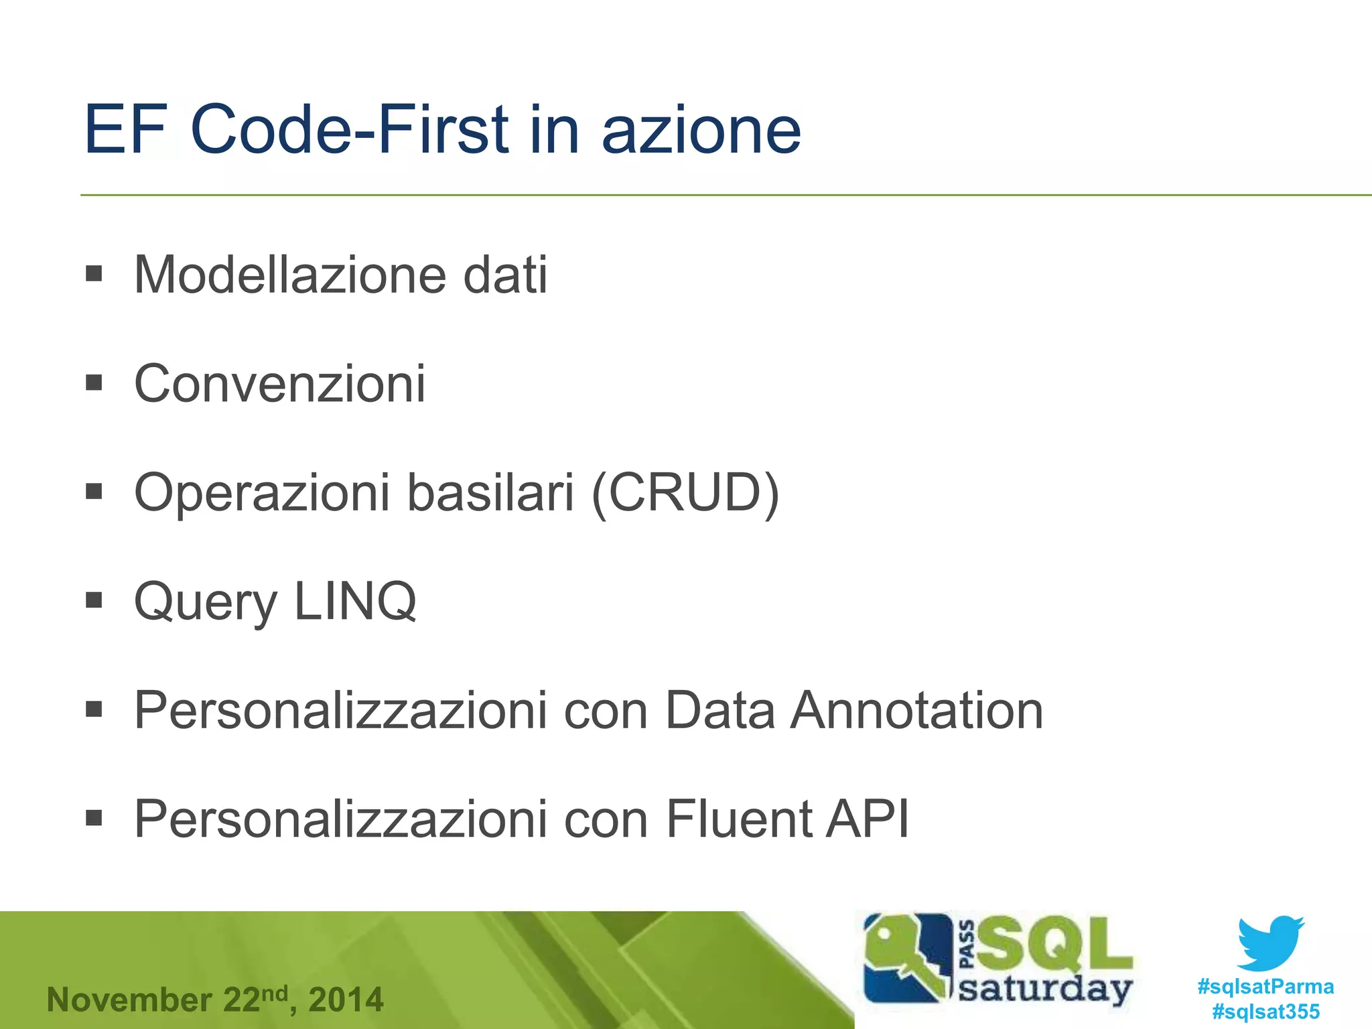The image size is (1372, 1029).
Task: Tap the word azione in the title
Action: (x=701, y=129)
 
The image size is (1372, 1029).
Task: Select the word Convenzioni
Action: (x=279, y=383)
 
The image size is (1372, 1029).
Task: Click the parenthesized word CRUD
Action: (x=685, y=492)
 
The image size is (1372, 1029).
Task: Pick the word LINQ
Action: (x=355, y=601)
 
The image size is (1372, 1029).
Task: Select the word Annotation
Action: (x=916, y=710)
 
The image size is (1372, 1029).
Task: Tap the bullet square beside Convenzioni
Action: (x=94, y=383)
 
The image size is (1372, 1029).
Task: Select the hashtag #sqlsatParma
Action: (x=1265, y=986)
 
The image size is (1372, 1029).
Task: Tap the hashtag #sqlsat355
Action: (x=1265, y=1011)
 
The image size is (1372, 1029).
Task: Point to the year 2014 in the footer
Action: (x=346, y=1000)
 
